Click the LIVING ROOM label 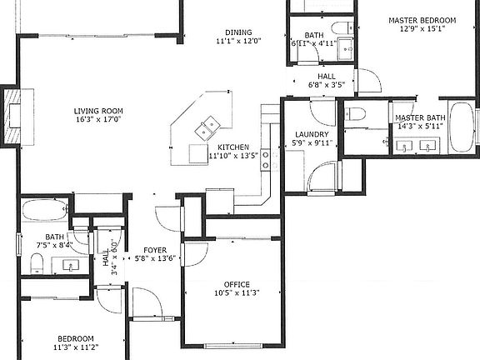[x=98, y=111]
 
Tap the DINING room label [x=238, y=32]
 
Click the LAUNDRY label [x=312, y=134]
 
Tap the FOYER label [x=155, y=250]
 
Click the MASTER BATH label [x=420, y=118]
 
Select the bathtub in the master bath [x=462, y=127]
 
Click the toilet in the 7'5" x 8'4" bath [x=37, y=264]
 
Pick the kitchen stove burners [x=265, y=158]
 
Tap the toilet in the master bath [x=355, y=112]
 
